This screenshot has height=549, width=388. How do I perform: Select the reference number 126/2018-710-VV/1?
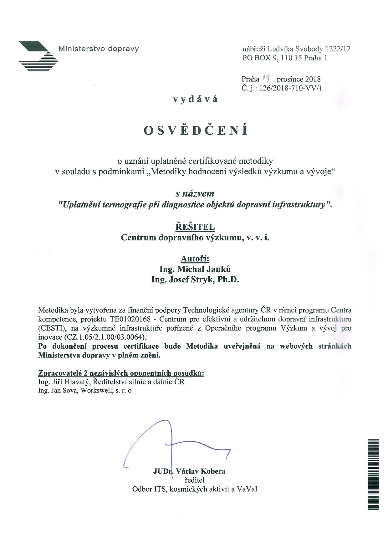291,88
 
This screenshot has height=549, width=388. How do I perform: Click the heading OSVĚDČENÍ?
196,131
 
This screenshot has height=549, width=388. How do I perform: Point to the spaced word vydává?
196,100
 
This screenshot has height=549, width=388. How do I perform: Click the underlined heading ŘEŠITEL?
195,227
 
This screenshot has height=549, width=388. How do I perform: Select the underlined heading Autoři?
195,259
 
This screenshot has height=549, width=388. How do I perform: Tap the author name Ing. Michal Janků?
195,269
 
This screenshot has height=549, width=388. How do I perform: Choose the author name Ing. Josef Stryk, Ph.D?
195,280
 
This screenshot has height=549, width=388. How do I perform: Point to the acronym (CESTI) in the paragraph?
51,328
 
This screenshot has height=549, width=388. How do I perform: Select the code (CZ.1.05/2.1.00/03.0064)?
105,337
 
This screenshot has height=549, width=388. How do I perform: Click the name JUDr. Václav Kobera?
189,471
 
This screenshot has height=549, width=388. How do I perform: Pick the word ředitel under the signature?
194,480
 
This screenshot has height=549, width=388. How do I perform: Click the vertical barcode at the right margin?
374,474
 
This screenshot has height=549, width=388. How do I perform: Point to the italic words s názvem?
195,194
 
